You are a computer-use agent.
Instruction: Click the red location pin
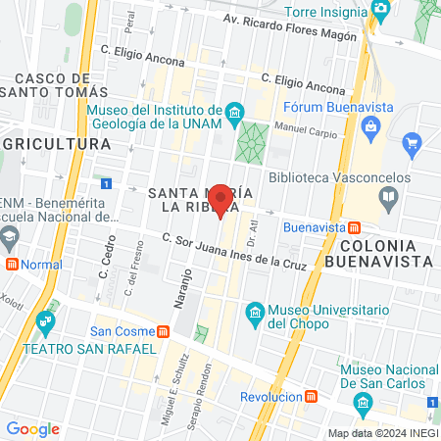click(x=221, y=199)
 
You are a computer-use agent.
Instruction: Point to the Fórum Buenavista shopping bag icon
click(x=370, y=124)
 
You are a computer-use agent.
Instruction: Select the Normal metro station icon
click(x=12, y=264)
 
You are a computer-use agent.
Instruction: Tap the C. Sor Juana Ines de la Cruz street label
click(x=234, y=252)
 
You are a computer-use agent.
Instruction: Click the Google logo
click(x=32, y=428)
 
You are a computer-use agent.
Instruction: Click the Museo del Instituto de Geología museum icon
click(x=233, y=113)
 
